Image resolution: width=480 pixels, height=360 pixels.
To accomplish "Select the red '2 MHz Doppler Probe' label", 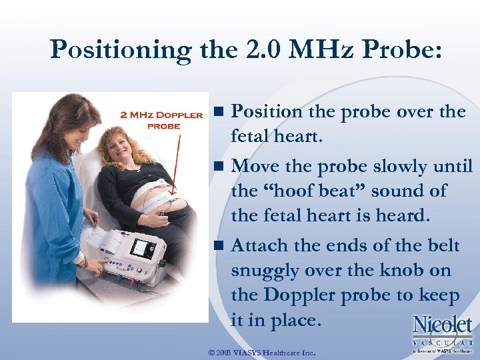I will coord(161,120).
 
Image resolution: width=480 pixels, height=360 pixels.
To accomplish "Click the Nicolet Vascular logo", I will coord(443,333).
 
